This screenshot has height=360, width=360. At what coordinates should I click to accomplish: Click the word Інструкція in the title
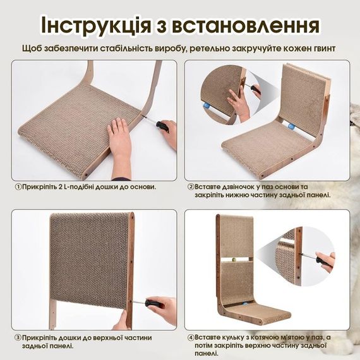coord(95,25)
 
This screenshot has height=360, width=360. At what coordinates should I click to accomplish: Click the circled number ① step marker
coord(18,187)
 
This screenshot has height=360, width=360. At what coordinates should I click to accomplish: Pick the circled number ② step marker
coord(191,187)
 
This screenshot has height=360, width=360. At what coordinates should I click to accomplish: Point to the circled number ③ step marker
coord(18,338)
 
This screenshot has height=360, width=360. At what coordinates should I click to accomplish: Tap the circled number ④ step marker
coord(191,338)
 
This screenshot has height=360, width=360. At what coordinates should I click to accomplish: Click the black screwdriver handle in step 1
coord(162,126)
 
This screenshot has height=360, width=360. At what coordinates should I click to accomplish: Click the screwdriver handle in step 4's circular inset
coord(320,260)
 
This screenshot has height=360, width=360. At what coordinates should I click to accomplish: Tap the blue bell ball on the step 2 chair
coord(291,126)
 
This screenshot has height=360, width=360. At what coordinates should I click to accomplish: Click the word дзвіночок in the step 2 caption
coord(237,187)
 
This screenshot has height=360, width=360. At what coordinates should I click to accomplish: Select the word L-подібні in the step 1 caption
coord(78,187)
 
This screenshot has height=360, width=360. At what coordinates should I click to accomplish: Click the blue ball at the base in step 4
coord(246,304)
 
